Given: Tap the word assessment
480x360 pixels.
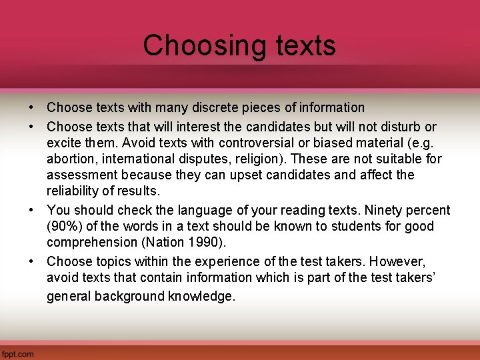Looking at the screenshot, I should pyautogui.click(x=79, y=175).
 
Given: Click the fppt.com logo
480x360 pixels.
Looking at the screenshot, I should pyautogui.click(x=18, y=354).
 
